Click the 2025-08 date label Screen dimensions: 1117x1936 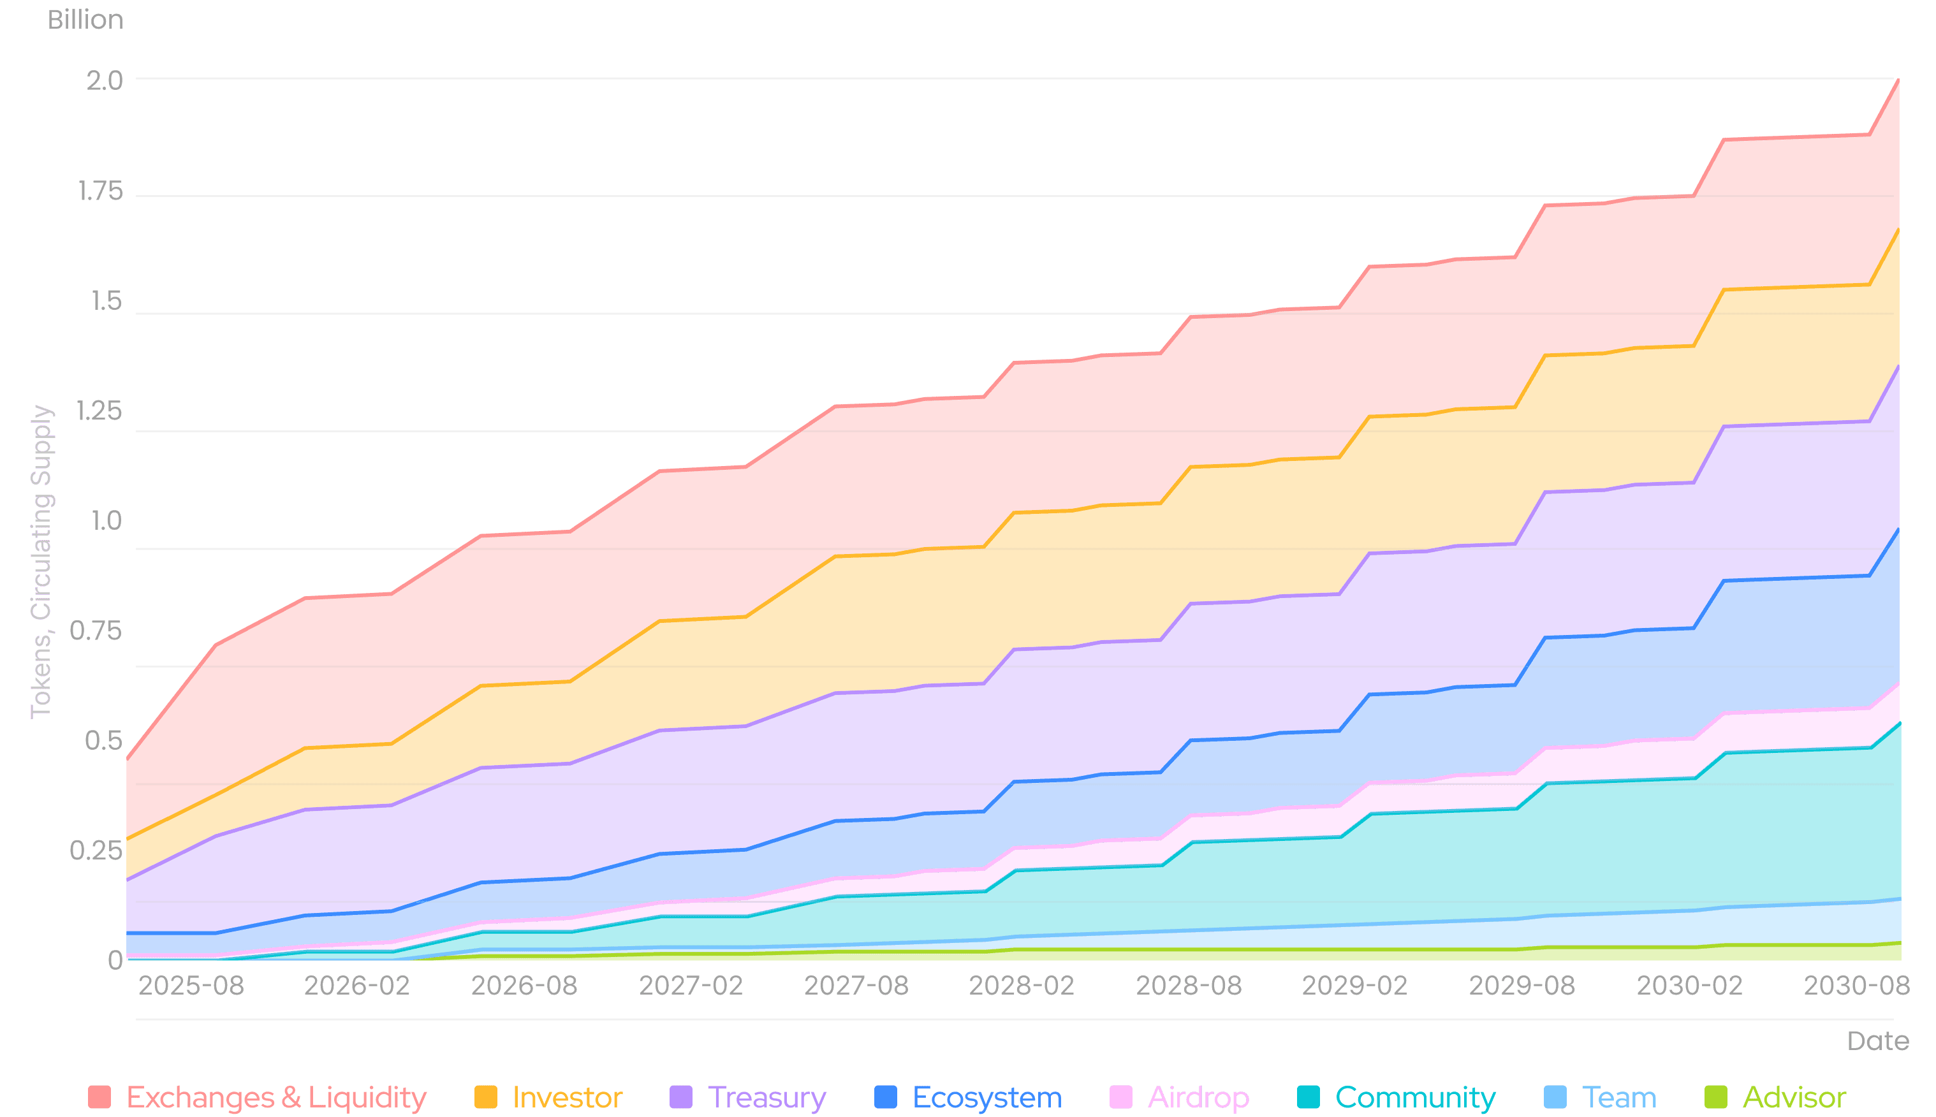191,986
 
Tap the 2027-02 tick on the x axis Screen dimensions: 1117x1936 691,986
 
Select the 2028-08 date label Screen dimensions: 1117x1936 1189,986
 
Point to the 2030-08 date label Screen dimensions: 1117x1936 1856,986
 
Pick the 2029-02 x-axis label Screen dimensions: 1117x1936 1354,986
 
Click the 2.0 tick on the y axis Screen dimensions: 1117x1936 105,80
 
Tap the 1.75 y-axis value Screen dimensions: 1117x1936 101,192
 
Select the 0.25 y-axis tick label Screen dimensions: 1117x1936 96,850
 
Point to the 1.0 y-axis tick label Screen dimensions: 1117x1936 106,521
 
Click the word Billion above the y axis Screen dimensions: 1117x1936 85,20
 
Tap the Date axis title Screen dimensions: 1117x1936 1878,1041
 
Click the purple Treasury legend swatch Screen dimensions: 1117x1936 680,1097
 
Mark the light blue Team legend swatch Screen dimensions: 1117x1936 1555,1097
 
